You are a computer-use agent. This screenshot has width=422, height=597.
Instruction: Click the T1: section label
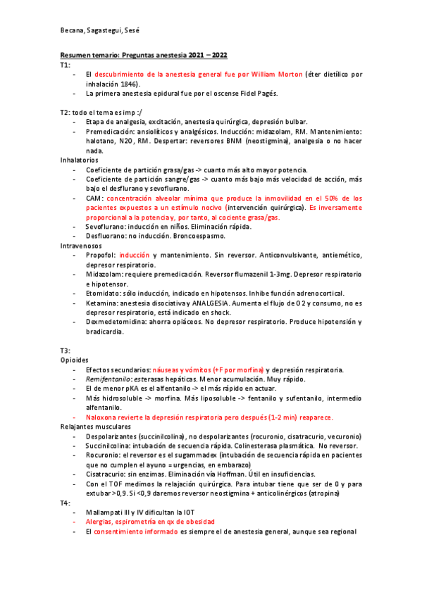click(66, 64)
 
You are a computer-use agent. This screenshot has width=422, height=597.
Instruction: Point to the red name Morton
click(290, 74)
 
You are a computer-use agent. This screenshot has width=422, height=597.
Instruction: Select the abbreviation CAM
click(94, 199)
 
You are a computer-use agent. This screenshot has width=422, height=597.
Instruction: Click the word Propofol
click(100, 256)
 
